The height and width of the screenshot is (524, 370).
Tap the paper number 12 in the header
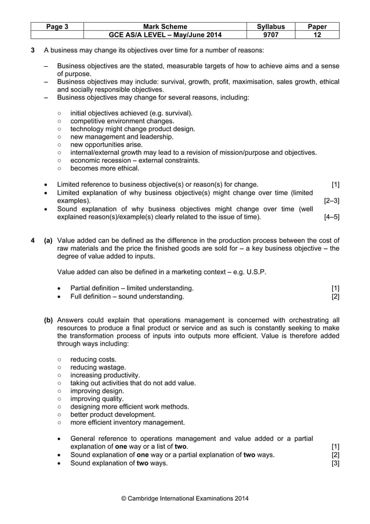click(317, 35)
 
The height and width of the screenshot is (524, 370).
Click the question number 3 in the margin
click(32, 51)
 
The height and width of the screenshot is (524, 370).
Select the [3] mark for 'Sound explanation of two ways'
click(335, 463)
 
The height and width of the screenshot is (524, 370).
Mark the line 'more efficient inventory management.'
click(128, 422)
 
